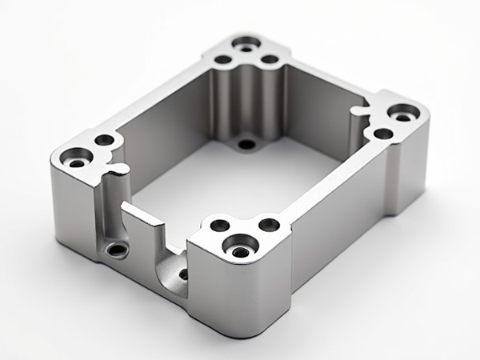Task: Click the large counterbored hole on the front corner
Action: [x=241, y=249]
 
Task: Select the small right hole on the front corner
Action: [x=270, y=225]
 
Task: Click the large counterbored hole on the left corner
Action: [x=78, y=158]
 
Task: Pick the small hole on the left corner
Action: [x=105, y=140]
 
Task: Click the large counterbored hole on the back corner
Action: [x=247, y=43]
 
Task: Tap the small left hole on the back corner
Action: [x=223, y=59]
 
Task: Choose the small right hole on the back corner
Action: [x=270, y=59]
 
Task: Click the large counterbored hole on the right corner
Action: [x=402, y=115]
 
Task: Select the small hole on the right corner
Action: [x=383, y=134]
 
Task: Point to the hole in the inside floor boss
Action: [x=247, y=145]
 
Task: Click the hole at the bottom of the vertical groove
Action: [x=118, y=250]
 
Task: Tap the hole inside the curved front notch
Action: [x=183, y=274]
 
